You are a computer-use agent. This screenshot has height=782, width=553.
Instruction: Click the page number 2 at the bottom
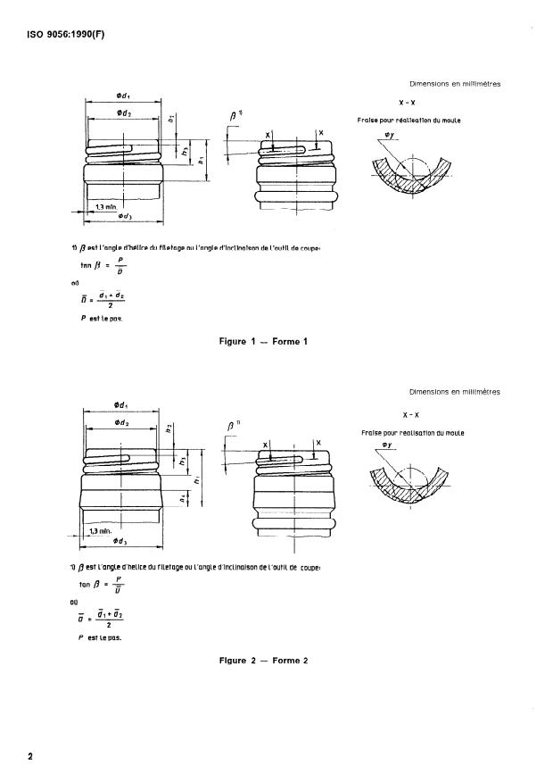30,757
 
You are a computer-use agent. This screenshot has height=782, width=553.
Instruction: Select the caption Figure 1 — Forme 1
263,340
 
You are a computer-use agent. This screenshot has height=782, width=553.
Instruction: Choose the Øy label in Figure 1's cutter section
389,135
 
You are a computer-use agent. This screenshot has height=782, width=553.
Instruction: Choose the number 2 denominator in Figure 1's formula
110,305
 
